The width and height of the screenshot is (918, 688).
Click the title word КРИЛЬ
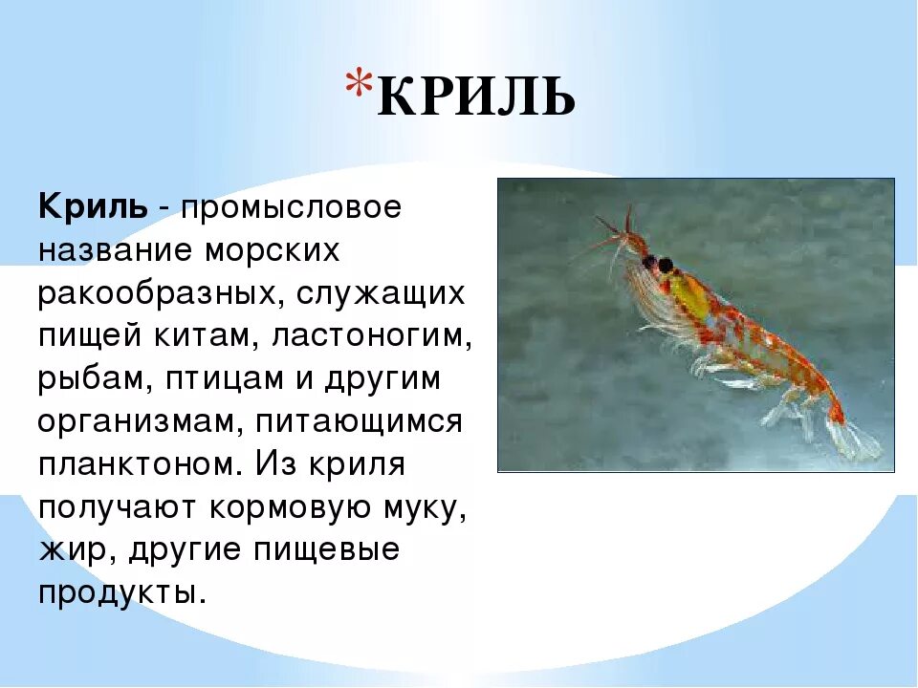pyautogui.click(x=476, y=98)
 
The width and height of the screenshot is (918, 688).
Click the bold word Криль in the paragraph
pyautogui.click(x=93, y=206)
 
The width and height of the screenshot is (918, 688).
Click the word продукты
pyautogui.click(x=121, y=592)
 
